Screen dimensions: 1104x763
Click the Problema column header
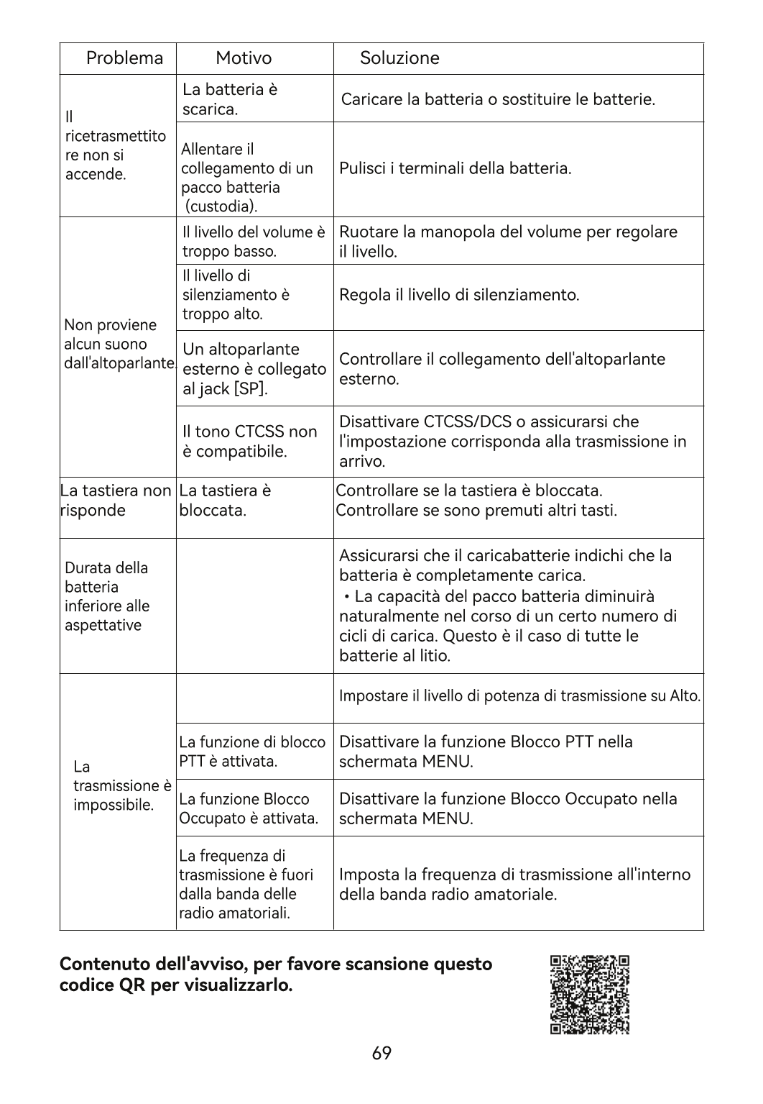124,58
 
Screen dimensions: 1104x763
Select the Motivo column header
244,58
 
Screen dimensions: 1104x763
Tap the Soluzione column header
399,58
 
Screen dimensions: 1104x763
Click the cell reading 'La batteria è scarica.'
230,99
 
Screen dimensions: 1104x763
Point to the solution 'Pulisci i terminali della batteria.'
456,169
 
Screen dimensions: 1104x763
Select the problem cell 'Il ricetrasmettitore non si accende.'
115,145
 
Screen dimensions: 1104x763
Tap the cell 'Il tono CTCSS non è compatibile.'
249,442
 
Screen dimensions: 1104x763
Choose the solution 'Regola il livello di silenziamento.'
459,296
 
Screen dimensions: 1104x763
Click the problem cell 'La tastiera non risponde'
116,501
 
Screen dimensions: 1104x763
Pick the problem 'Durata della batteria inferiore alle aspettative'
107,596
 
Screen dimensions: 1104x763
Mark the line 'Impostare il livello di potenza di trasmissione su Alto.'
519,696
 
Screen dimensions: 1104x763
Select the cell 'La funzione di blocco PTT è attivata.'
251,752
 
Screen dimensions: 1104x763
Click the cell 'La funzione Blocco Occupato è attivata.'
249,809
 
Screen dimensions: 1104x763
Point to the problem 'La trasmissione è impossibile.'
122,785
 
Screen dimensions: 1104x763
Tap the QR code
590,995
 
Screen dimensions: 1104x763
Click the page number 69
382,1054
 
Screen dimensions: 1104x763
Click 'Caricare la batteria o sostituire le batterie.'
498,99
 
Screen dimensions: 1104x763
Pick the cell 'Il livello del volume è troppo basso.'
253,242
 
